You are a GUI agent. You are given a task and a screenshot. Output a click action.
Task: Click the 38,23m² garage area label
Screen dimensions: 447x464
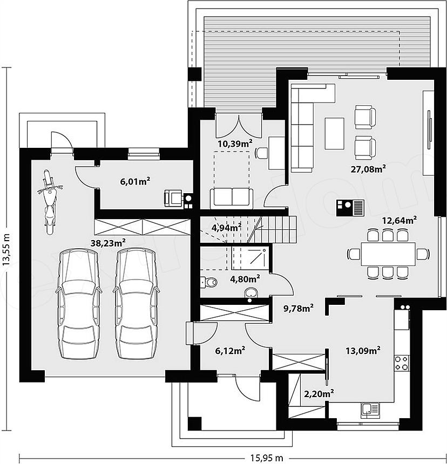click(108, 243)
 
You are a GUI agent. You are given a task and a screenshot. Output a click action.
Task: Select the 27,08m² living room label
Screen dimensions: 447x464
click(368, 169)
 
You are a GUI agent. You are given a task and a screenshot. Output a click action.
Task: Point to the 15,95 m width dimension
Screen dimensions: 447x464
click(267, 458)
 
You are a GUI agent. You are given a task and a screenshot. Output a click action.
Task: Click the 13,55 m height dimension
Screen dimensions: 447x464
click(6, 249)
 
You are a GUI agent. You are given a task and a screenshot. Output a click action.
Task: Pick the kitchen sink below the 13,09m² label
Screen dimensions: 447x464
click(370, 410)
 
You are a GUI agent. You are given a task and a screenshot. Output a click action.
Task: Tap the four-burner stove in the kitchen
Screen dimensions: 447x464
click(402, 363)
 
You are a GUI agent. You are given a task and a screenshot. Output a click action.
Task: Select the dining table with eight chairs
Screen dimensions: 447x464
click(388, 254)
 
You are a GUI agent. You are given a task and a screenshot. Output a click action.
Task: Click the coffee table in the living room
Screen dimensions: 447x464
click(335, 133)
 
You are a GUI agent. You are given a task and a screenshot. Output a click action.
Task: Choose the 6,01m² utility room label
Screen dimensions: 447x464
click(135, 181)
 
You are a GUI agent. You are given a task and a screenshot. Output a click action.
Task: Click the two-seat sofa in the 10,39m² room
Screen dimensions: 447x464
click(232, 197)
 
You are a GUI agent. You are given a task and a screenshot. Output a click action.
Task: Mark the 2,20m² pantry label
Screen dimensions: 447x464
click(319, 394)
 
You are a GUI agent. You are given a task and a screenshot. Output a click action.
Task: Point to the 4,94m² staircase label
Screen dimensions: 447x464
click(226, 228)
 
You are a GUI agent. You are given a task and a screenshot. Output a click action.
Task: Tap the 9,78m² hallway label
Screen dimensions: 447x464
click(299, 309)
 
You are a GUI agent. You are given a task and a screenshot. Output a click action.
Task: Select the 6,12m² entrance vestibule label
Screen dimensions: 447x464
click(230, 351)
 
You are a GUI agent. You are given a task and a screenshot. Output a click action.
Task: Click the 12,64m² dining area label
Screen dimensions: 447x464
click(399, 221)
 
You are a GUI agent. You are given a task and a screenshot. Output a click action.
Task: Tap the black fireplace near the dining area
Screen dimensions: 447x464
click(350, 208)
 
